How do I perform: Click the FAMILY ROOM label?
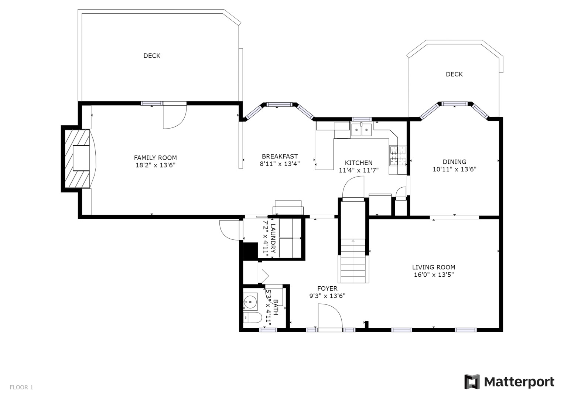155,158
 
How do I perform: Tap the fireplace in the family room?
78,159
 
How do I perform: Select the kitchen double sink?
361,130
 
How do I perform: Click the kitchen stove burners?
398,156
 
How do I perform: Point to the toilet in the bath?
252,318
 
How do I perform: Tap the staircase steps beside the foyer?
353,261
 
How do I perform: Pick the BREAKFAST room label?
280,156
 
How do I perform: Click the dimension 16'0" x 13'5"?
434,274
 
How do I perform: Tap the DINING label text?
454,162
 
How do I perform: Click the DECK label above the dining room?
454,74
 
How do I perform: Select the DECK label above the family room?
152,56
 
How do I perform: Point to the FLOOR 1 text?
21,387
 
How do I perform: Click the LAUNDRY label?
273,238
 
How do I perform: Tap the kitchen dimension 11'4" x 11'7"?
359,170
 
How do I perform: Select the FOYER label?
327,289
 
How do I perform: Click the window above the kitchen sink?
362,119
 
